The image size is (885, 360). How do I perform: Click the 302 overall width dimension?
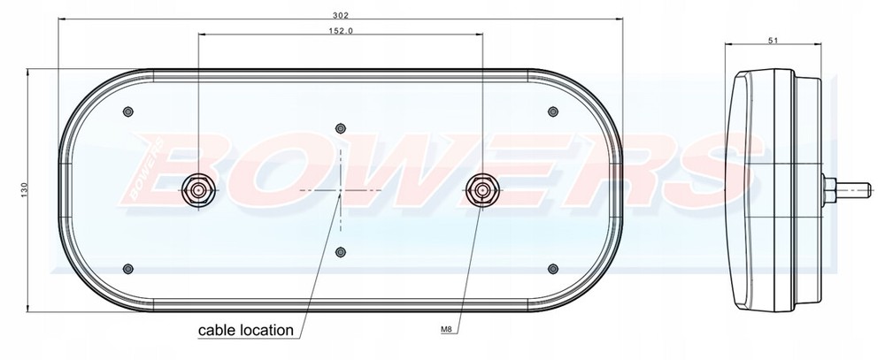pos(342,15)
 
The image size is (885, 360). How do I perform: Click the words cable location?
pos(244,331)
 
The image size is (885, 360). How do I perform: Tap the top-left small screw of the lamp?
pos(129,111)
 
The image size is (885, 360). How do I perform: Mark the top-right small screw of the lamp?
pos(553,111)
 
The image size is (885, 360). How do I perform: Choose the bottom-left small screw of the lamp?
pos(129,268)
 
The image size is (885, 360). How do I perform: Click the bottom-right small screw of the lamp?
pos(553,268)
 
